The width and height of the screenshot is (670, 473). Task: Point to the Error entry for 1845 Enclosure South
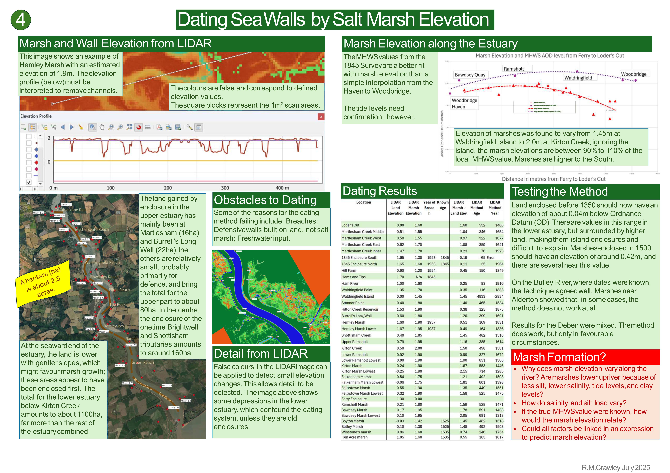(491, 258)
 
